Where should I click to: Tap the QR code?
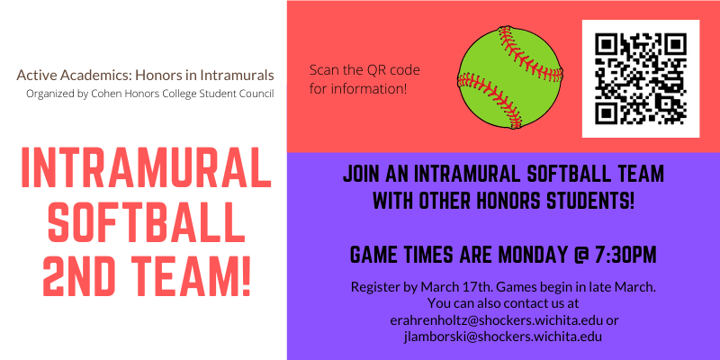click(x=640, y=78)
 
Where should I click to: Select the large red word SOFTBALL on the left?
click(x=146, y=220)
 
